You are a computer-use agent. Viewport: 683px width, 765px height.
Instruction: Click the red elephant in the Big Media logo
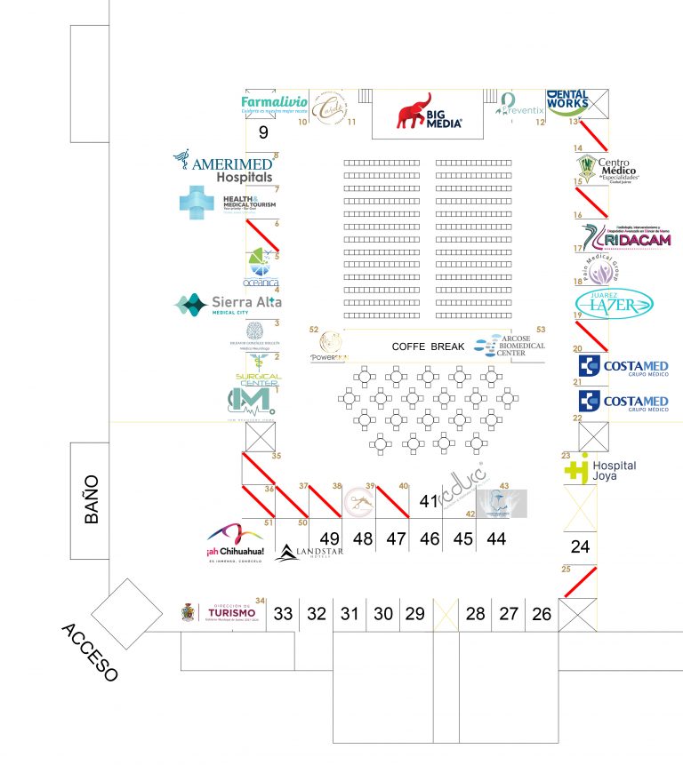[x=414, y=112]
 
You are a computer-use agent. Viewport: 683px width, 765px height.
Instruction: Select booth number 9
[x=262, y=133]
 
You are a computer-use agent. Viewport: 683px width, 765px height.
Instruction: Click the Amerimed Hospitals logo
[x=223, y=166]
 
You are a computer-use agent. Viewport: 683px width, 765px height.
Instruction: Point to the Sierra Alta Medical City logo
[x=229, y=305]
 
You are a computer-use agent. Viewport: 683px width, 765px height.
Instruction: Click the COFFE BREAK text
[x=428, y=347]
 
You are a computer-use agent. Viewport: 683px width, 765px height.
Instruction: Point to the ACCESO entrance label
[x=89, y=652]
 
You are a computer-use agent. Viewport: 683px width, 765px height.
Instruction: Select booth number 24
[x=580, y=546]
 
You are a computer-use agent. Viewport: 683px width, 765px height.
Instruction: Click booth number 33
[x=283, y=613]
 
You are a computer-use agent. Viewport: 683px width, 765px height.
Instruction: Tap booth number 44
[x=496, y=538]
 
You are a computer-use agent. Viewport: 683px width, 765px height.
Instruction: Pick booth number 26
[x=541, y=613]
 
